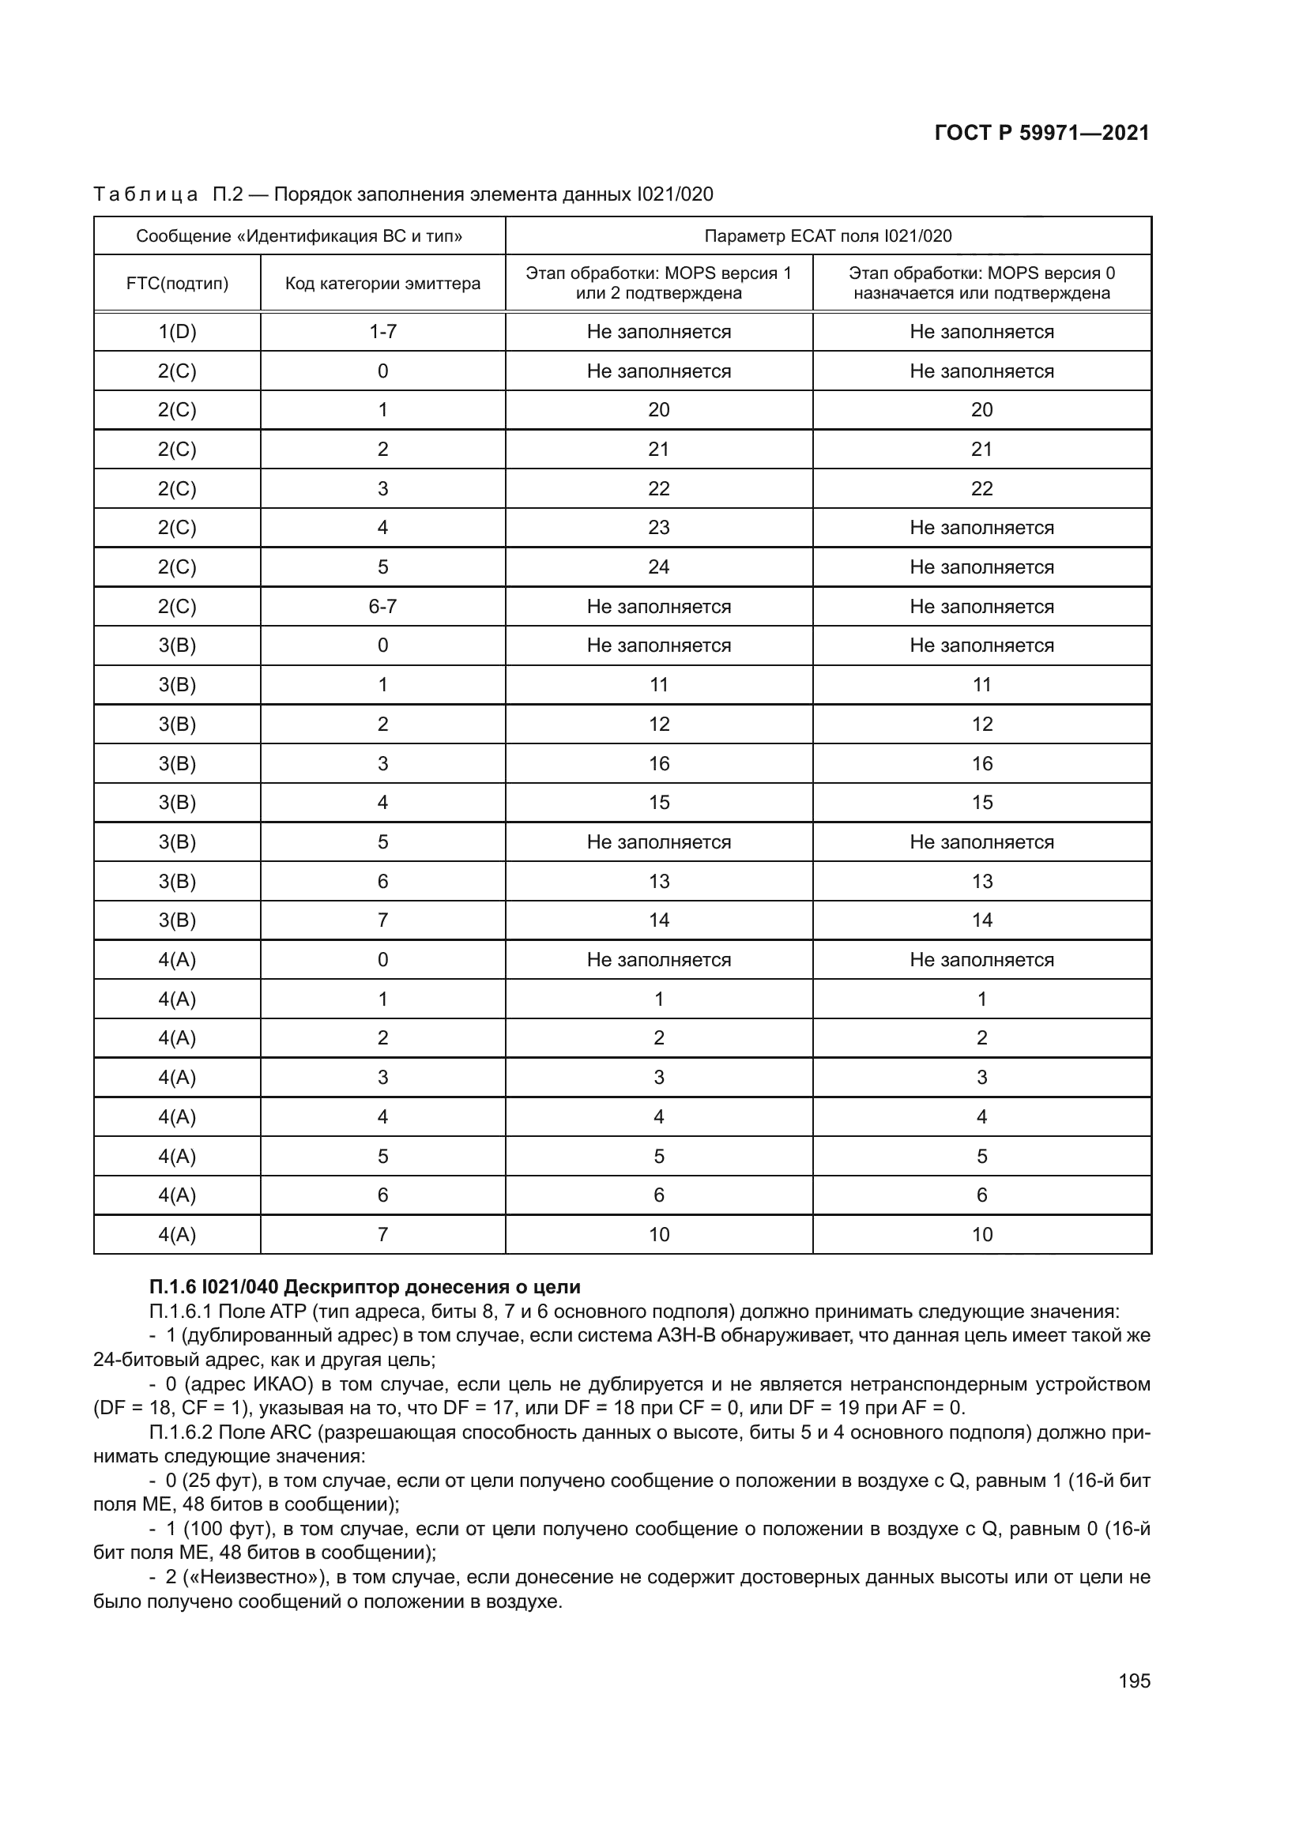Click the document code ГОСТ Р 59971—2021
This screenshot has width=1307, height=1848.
click(1041, 133)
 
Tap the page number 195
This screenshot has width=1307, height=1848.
click(1134, 1681)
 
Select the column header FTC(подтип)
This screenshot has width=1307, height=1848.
click(177, 284)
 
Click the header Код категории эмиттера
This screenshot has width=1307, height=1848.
click(382, 284)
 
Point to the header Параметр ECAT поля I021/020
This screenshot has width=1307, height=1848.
click(827, 235)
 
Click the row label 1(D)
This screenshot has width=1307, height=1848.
click(177, 332)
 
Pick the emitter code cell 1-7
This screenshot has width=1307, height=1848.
click(382, 332)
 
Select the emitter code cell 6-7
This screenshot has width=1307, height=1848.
click(382, 607)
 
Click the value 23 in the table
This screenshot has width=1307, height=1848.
click(658, 528)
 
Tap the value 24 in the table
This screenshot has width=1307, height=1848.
click(658, 567)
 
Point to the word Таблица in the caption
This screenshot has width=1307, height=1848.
click(145, 194)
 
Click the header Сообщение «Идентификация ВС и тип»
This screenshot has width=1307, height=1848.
click(299, 235)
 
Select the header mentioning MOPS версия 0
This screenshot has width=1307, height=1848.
click(981, 283)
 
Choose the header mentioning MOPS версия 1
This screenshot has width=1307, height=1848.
click(658, 283)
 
